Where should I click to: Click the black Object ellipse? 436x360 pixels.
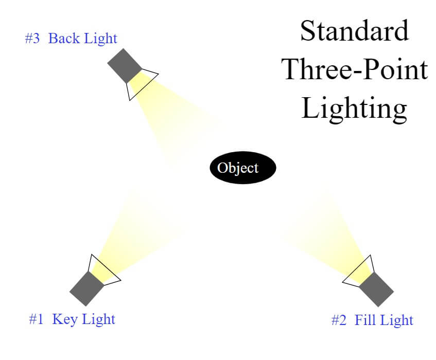tap(243, 168)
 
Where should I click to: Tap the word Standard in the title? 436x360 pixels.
tap(354, 30)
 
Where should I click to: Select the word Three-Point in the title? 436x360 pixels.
tap(354, 69)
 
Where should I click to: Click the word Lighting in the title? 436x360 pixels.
tap(354, 109)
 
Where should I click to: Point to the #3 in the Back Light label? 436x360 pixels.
tap(32, 39)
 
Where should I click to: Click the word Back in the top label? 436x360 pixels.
tap(64, 38)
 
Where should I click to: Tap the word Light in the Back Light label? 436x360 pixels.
tap(100, 39)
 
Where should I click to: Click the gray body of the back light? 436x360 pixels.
tap(125, 66)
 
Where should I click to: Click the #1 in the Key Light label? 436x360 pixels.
tap(37, 319)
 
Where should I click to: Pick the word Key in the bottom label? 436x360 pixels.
tap(65, 319)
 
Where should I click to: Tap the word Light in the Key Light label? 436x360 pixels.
tap(98, 320)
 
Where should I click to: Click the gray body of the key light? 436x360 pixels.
tap(86, 289)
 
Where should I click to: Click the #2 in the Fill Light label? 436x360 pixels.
tap(339, 320)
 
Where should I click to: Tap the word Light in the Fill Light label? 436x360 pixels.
tap(397, 320)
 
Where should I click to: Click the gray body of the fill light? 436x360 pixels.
tap(376, 289)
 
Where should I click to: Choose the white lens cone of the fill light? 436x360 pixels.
tap(359, 271)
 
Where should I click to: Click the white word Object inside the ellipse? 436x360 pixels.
tap(238, 168)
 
